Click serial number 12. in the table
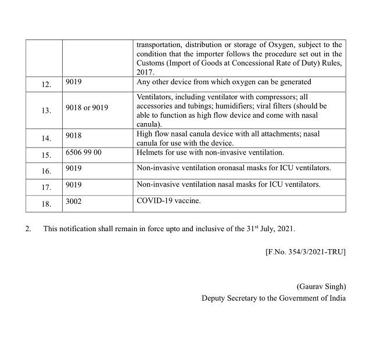pyautogui.click(x=46, y=84)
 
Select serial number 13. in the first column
pyautogui.click(x=46, y=110)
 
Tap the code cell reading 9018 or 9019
pyautogui.click(x=87, y=107)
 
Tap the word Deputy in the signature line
pyautogui.click(x=214, y=298)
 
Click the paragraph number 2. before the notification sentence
pyautogui.click(x=28, y=228)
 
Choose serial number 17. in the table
pyautogui.click(x=46, y=187)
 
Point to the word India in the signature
pyautogui.click(x=335, y=298)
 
